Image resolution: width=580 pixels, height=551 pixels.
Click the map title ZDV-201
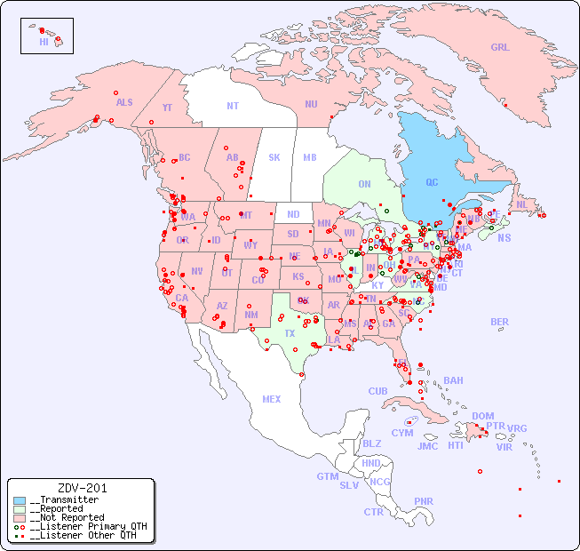coord(82,488)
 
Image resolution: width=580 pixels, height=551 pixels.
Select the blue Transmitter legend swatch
coord(20,500)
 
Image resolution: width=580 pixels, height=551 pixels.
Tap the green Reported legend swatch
coord(20,509)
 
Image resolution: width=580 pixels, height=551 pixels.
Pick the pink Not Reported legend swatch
coord(20,517)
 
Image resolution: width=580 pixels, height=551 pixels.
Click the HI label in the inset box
coord(44,42)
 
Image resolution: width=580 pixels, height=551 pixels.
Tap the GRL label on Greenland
coord(500,48)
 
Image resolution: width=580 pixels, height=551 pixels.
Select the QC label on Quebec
coord(432,182)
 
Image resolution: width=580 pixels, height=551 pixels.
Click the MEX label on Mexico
coord(272,399)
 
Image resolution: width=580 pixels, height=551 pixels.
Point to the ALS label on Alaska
coord(124,102)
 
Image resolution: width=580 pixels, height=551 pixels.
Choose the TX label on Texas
coord(290,333)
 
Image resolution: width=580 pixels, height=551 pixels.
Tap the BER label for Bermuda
coord(500,322)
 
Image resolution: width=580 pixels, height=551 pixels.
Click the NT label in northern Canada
coord(233,105)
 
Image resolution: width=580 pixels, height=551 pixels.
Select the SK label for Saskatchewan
coord(274,157)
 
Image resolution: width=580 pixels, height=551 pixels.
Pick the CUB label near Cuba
coord(377,391)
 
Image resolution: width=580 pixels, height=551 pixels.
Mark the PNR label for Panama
coord(424,501)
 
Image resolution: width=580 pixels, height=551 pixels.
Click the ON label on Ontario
coord(364,184)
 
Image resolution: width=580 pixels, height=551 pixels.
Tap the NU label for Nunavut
coord(311,104)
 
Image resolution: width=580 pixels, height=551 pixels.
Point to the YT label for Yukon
coord(167,108)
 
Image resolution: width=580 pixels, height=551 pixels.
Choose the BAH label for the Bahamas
coord(453,380)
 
